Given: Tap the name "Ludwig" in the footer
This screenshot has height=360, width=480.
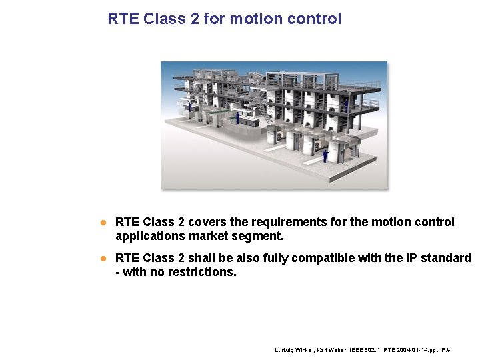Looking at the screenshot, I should (x=285, y=349).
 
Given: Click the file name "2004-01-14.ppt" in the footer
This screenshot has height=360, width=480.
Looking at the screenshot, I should (x=417, y=349).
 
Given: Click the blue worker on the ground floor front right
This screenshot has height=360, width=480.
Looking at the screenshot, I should (x=325, y=156).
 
